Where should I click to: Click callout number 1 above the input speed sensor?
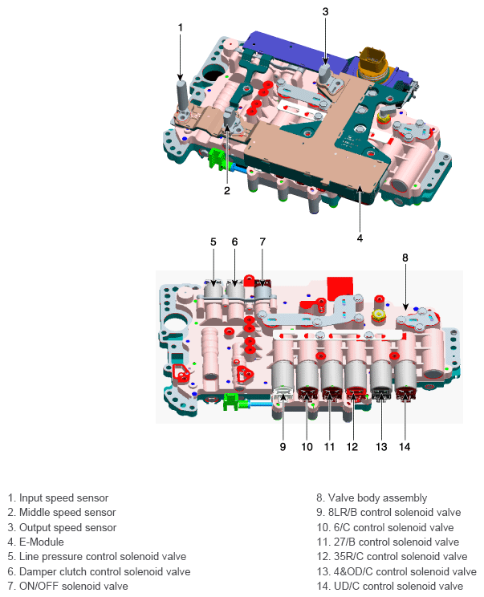click(x=181, y=27)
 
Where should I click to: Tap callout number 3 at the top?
click(x=325, y=11)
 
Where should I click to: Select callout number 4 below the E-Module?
click(x=360, y=238)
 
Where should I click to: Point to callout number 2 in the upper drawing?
click(x=227, y=190)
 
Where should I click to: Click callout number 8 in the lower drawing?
click(x=405, y=258)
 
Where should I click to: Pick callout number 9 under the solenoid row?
click(x=283, y=446)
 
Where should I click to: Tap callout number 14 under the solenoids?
click(x=404, y=446)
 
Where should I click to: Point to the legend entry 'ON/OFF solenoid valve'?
click(x=67, y=586)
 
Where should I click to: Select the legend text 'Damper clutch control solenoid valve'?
click(x=99, y=571)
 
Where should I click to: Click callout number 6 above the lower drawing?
click(x=235, y=241)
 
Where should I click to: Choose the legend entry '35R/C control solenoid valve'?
click(x=392, y=556)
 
